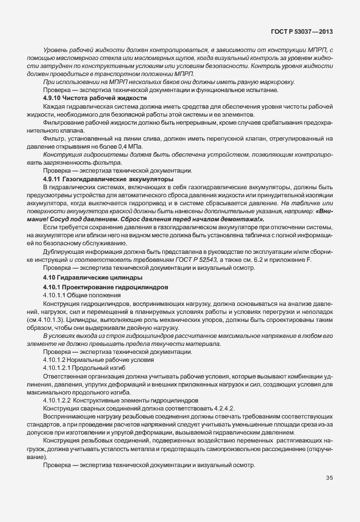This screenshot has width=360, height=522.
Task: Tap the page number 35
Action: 329,478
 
